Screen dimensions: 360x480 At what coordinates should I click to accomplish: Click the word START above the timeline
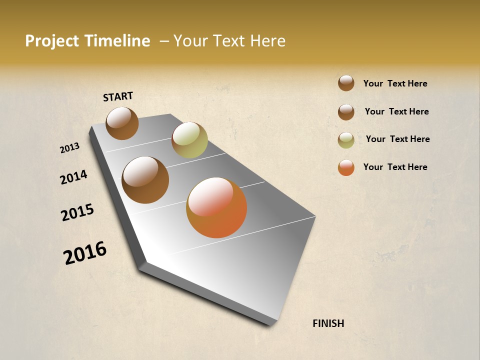(x=118, y=96)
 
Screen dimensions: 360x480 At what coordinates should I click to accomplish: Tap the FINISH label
(x=328, y=323)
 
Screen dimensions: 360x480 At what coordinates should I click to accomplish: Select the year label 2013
(x=69, y=148)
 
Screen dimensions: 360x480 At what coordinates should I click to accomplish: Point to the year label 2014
(x=73, y=177)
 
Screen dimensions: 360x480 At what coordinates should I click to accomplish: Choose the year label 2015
(x=77, y=212)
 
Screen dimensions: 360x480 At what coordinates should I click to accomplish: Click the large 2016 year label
(x=85, y=253)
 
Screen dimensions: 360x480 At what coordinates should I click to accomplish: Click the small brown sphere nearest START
(x=122, y=123)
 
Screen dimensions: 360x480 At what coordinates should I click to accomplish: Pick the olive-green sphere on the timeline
(x=189, y=140)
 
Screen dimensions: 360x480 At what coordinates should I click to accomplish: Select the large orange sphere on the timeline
(x=216, y=207)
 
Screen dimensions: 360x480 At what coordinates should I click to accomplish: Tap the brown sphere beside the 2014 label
(x=145, y=180)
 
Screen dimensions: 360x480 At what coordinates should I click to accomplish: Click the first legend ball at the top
(x=346, y=83)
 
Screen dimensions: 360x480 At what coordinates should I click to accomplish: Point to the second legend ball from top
(x=346, y=112)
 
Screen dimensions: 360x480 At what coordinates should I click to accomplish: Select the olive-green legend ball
(x=346, y=140)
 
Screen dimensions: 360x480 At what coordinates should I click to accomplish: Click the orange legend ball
(x=346, y=167)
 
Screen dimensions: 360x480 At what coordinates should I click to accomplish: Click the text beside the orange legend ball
(x=395, y=167)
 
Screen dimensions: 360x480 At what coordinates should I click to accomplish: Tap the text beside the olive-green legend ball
(x=397, y=139)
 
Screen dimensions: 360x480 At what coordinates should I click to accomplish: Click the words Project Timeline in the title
(x=87, y=41)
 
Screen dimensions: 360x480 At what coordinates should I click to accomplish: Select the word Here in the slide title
(x=267, y=41)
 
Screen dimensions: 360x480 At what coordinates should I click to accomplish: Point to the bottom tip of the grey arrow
(x=273, y=325)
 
